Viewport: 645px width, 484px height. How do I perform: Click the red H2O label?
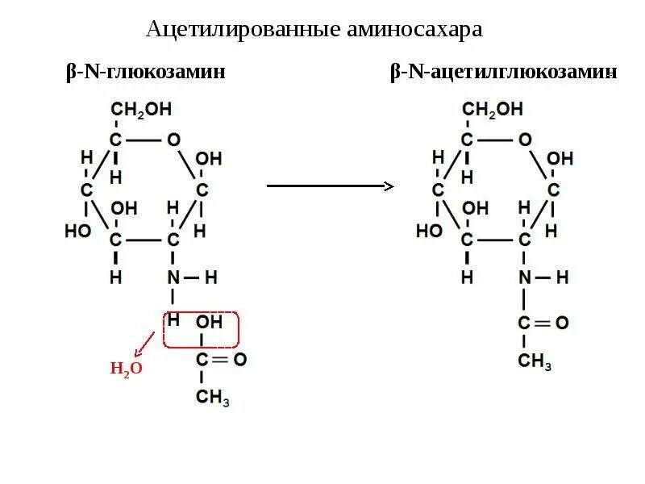(126, 369)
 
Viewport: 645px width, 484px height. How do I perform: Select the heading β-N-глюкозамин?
(145, 73)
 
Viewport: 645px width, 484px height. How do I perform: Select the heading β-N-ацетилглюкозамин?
(504, 73)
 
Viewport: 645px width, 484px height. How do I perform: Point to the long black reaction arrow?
(330, 186)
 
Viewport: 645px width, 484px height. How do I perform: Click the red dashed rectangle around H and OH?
(202, 329)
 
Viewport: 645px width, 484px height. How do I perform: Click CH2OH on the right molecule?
(492, 109)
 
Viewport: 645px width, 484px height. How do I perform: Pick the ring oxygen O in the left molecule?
(173, 140)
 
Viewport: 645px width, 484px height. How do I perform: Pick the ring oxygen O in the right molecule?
(525, 140)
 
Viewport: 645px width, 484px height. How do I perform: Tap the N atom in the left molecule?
(173, 277)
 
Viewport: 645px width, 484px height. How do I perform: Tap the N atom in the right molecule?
(525, 277)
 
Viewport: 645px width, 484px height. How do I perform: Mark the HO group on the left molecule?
(77, 231)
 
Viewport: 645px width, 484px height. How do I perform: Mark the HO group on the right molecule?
(429, 231)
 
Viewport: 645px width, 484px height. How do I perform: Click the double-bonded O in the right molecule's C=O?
(561, 323)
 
